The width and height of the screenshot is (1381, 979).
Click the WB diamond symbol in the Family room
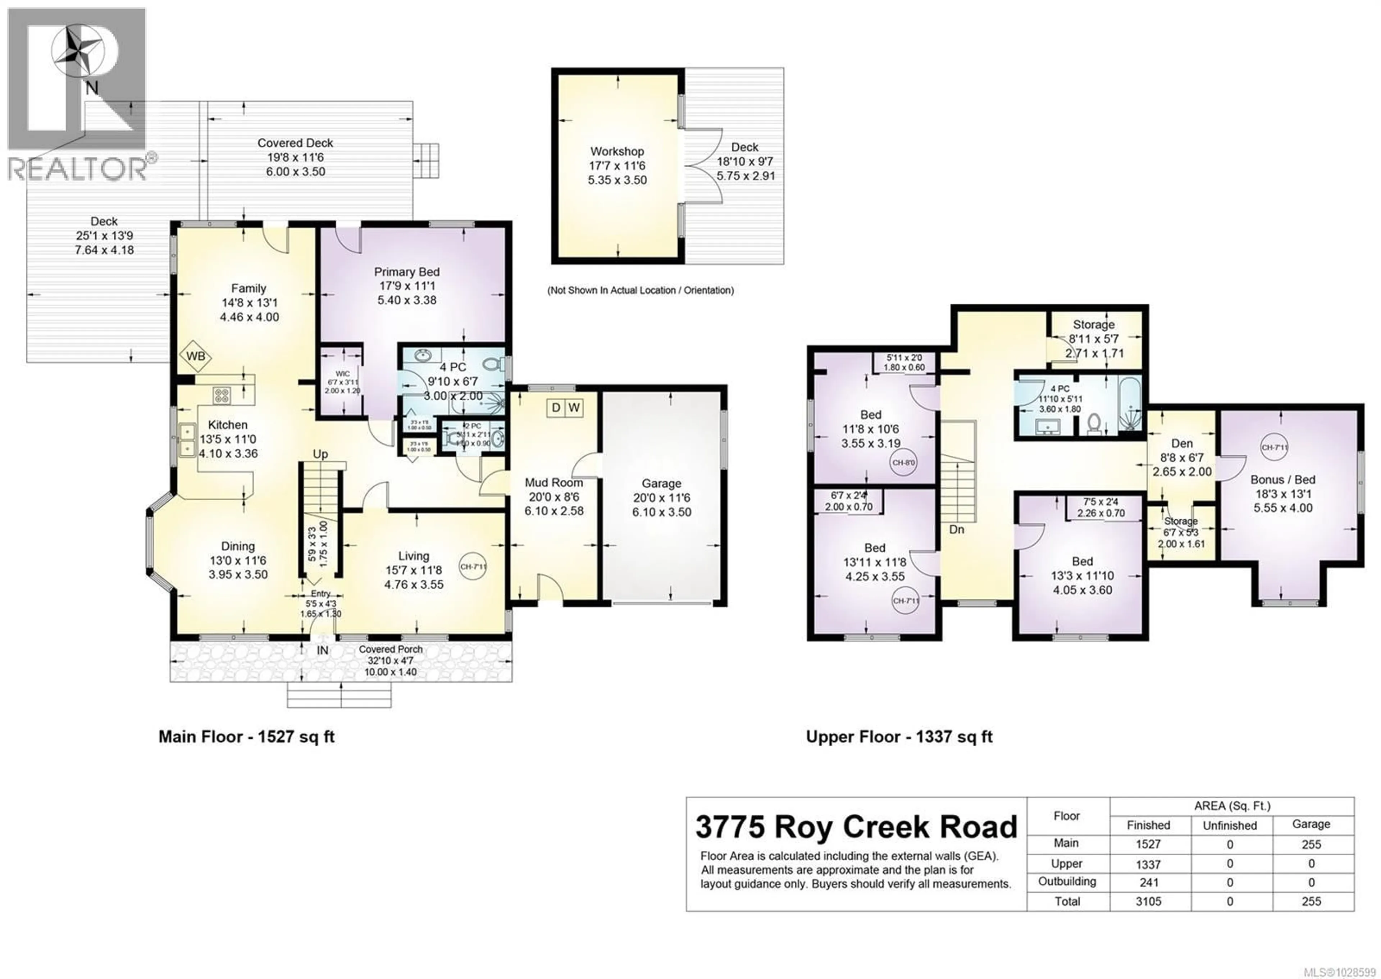[195, 356]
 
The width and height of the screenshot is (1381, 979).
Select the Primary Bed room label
[406, 272]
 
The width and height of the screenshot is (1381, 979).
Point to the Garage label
[661, 483]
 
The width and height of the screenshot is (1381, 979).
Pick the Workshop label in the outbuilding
[617, 151]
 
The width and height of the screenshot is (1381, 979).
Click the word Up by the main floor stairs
[320, 454]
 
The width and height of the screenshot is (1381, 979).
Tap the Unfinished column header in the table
[1230, 825]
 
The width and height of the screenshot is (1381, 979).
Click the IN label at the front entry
[323, 651]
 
